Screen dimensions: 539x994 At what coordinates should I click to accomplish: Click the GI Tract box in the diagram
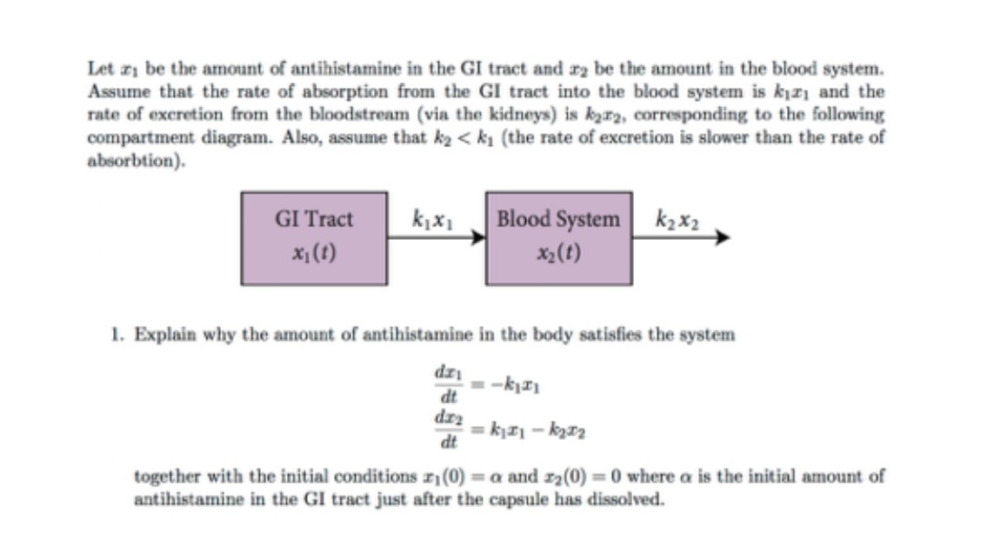click(314, 237)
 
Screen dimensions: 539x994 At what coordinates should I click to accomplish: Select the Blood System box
click(558, 237)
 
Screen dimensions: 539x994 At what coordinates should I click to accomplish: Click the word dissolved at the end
click(624, 500)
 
